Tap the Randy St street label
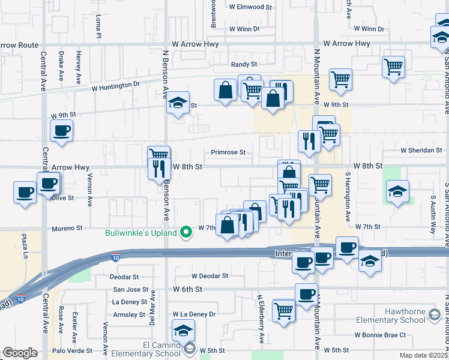pyautogui.click(x=244, y=64)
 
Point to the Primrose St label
pyautogui.click(x=228, y=152)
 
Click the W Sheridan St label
pyautogui.click(x=421, y=151)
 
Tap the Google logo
pyautogui.click(x=20, y=353)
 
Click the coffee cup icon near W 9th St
pyautogui.click(x=62, y=130)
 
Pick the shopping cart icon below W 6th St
pyautogui.click(x=283, y=310)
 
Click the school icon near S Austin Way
pyautogui.click(x=397, y=191)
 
